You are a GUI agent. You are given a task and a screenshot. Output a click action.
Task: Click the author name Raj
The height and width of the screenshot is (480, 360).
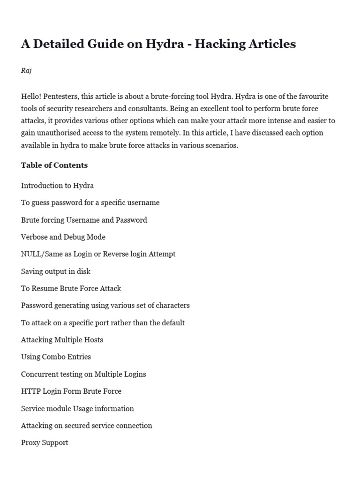pos(26,70)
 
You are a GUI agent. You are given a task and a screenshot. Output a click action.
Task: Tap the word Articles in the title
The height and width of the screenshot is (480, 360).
pos(269,44)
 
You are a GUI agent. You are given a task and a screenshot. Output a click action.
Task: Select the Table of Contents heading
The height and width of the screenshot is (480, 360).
pos(54,165)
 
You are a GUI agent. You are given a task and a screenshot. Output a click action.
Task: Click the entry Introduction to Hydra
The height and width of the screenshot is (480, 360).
pos(57,186)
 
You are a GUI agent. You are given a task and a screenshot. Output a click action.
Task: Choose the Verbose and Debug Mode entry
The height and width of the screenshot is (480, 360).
pos(63,237)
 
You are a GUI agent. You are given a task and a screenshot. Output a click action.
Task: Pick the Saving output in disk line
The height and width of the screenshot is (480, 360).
pos(56,271)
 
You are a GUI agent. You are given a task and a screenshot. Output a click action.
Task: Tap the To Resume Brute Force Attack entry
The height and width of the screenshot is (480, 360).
pos(71,288)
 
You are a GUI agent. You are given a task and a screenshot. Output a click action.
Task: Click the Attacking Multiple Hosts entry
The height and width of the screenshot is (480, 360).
pos(62,339)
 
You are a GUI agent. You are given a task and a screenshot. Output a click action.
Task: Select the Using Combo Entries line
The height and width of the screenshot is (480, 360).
pos(56,357)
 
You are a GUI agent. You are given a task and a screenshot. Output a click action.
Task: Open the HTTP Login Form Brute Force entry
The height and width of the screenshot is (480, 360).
pos(71,391)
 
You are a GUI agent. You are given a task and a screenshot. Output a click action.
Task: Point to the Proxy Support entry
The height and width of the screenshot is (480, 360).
pos(45,442)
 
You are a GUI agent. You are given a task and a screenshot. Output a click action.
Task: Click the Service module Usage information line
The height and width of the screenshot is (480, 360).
pos(77,408)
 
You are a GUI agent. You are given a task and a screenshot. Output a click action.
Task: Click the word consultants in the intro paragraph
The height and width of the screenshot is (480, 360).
pos(133,109)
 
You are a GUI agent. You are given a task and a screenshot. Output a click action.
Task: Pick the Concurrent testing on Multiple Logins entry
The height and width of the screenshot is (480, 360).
pos(83,374)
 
